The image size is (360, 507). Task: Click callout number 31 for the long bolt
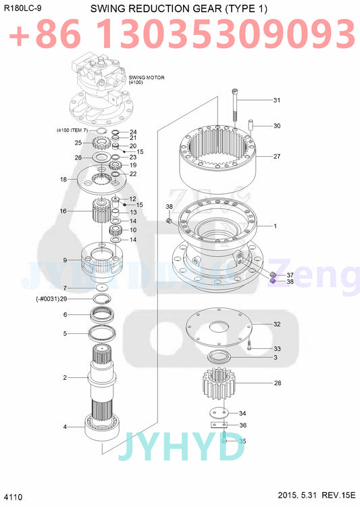[x=276, y=101]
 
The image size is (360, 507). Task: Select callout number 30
[x=276, y=126]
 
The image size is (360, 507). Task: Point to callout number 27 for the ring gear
[x=276, y=156]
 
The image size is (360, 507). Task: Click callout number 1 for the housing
[x=275, y=226]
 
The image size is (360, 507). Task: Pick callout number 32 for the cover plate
[x=276, y=324]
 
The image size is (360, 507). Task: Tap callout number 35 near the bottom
[x=242, y=441]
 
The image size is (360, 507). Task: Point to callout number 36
[x=242, y=425]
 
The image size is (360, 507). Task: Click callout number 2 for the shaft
[x=65, y=377]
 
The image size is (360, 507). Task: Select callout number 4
[x=65, y=427]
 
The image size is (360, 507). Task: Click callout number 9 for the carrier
[x=65, y=260]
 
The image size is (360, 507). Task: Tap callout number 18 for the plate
[x=63, y=180]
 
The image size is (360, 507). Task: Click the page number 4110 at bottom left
[x=14, y=498]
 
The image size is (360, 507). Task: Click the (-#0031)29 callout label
[x=51, y=299]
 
